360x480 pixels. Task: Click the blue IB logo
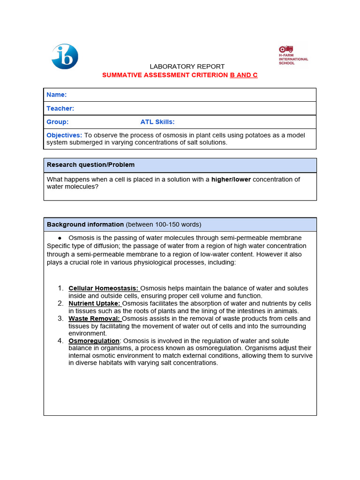(65, 56)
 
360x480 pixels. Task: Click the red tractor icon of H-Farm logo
(286, 49)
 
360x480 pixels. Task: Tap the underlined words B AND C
(243, 75)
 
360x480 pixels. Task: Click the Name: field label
(56, 95)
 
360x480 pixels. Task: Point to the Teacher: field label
(60, 108)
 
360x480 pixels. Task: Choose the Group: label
(57, 122)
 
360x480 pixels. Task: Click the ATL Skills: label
(157, 122)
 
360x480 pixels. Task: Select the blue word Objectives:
(64, 135)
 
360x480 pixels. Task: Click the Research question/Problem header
(90, 165)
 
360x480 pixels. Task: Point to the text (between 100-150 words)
(163, 225)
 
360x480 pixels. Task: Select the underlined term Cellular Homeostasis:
(104, 288)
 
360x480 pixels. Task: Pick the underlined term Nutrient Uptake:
(94, 303)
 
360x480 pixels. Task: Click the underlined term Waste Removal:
(94, 318)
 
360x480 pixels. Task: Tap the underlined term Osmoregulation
(94, 341)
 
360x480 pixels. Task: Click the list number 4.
(60, 341)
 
